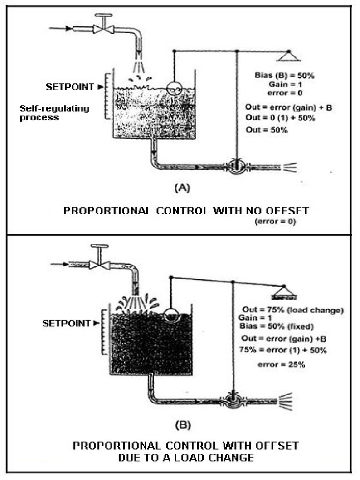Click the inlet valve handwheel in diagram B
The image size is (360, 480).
click(99, 246)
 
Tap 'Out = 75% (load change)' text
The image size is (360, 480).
click(293, 310)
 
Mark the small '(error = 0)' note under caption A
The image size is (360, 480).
click(274, 221)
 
